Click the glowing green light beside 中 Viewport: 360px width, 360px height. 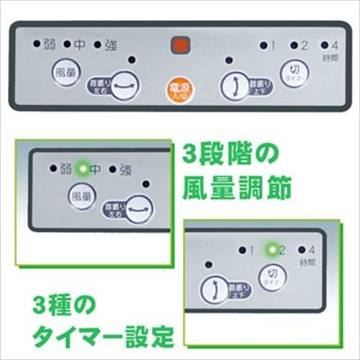click(x=82, y=169)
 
